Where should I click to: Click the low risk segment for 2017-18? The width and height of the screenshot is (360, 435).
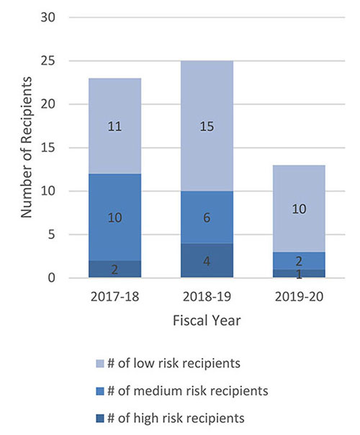[114, 126]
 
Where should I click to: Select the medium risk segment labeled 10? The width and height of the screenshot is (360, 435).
[114, 217]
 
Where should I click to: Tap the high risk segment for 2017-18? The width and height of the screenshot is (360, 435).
[114, 269]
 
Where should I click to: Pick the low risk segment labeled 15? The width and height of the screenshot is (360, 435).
[207, 126]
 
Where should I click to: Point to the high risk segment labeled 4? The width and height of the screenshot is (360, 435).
[207, 261]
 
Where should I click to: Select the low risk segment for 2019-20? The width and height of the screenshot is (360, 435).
[299, 208]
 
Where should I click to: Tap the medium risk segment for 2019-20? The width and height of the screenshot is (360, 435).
[299, 260]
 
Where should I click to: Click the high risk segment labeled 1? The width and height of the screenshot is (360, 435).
[299, 274]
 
